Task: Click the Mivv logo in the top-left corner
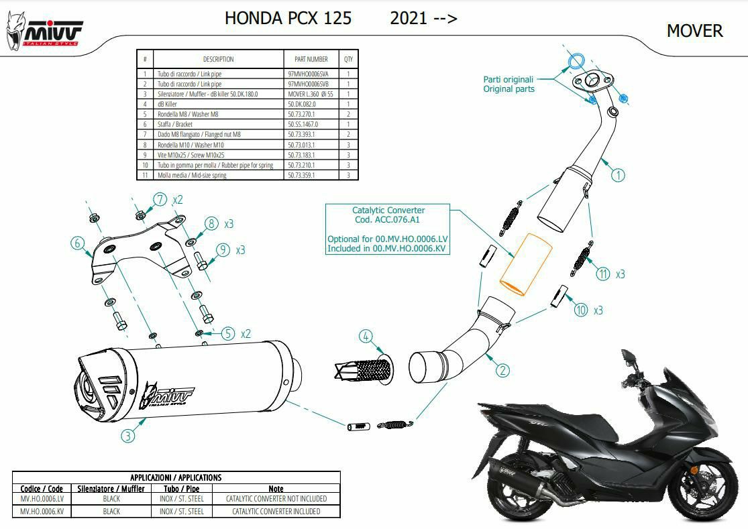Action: point(44,30)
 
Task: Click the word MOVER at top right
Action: point(694,31)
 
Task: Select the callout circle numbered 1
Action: point(619,175)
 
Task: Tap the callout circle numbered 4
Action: point(366,337)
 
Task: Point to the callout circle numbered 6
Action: point(78,243)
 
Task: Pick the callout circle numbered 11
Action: point(604,274)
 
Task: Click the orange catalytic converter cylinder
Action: point(526,264)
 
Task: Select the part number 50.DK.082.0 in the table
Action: point(301,104)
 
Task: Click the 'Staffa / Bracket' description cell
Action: point(175,125)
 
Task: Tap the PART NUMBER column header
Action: point(311,59)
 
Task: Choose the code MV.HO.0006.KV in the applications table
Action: point(42,512)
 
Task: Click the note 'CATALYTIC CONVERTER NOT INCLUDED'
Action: point(276,499)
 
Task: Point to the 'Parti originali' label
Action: point(508,80)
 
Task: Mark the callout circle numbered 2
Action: point(502,370)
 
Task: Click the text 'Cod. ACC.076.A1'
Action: point(387,220)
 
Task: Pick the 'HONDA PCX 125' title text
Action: point(288,18)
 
